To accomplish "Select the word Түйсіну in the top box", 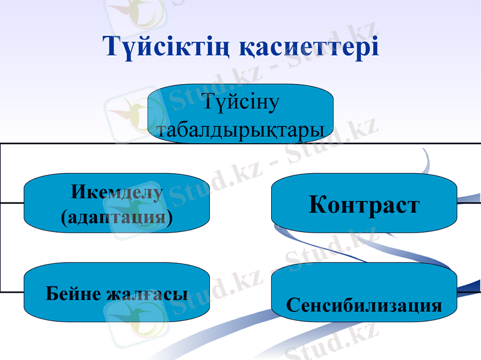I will pyautogui.click(x=240, y=103).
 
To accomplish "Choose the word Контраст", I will pyautogui.click(x=364, y=204).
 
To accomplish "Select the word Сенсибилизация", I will pyautogui.click(x=364, y=305).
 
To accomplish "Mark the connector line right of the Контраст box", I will pyautogui.click(x=469, y=203).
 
